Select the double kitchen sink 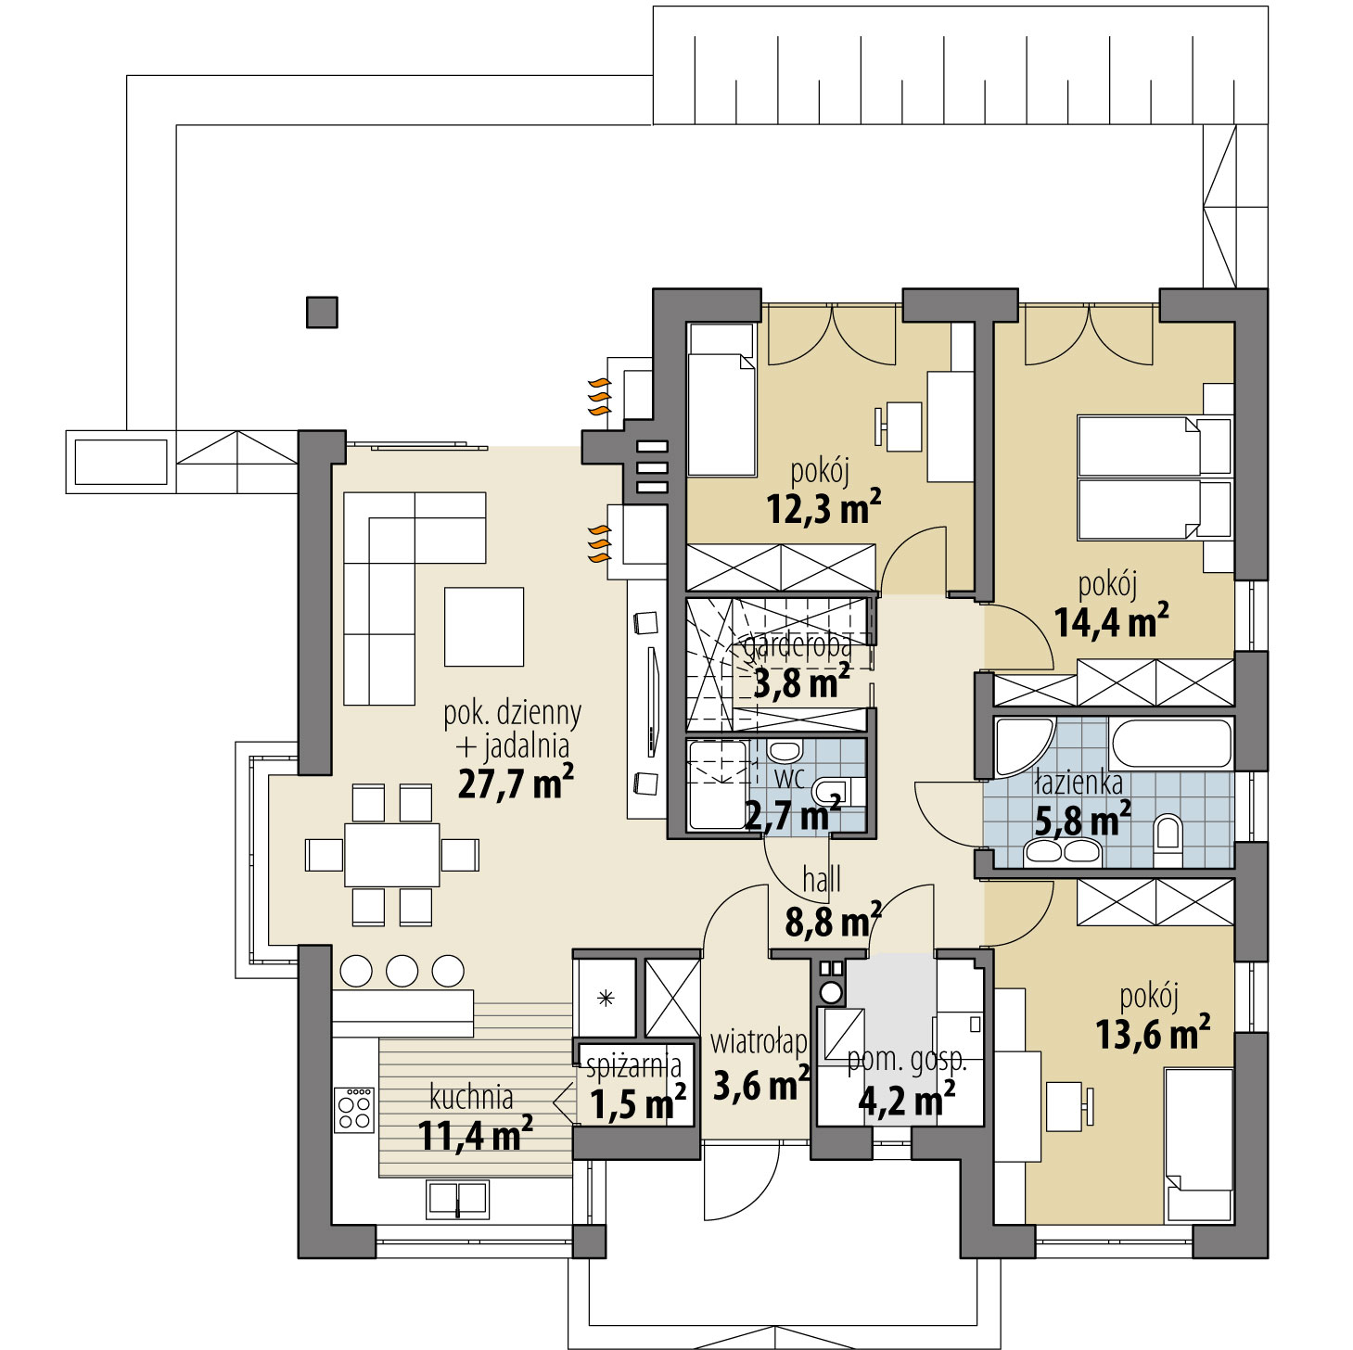tap(457, 1199)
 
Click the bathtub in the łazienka tap(1171, 743)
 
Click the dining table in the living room tap(392, 854)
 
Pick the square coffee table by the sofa tap(484, 627)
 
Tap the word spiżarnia tap(633, 1066)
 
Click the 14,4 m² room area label tap(1110, 621)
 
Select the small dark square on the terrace tap(322, 312)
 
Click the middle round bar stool tap(402, 971)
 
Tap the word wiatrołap tap(758, 1042)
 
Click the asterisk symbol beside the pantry tap(606, 999)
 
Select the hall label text tap(821, 880)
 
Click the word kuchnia tap(471, 1097)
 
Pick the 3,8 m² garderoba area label tap(801, 683)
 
